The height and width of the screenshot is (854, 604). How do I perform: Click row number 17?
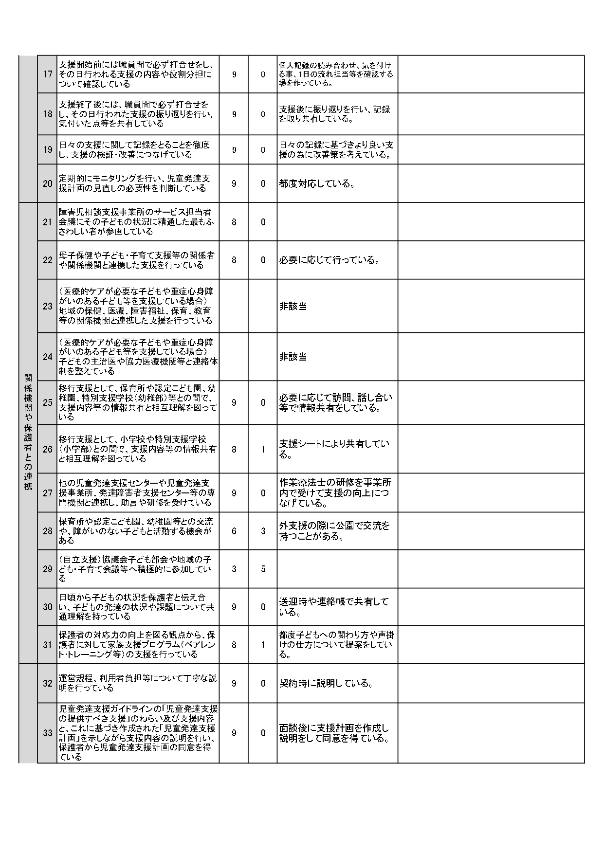47,74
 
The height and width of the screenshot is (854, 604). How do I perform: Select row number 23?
47,306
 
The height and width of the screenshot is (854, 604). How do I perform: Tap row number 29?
47,569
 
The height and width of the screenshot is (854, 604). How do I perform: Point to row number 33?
47,733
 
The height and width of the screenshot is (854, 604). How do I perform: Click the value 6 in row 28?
234,531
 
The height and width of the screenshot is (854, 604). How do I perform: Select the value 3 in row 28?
263,531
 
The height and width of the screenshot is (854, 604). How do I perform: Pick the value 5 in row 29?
263,569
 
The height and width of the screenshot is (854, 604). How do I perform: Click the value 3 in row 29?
234,569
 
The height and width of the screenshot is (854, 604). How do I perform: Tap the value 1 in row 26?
263,449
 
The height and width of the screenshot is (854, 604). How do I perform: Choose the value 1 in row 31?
263,645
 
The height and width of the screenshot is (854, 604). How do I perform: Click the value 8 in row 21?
234,222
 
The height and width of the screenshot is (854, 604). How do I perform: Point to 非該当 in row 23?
293,306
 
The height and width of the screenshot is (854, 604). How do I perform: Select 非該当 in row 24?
293,357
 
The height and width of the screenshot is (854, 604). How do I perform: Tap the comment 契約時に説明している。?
326,683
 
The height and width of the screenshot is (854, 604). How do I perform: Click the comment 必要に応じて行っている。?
329,260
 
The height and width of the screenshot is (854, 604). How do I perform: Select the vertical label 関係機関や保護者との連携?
28,432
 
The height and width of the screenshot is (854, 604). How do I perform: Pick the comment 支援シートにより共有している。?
334,449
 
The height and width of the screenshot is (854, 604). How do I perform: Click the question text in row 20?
134,183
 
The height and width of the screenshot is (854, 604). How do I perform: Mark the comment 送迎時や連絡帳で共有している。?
334,607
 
